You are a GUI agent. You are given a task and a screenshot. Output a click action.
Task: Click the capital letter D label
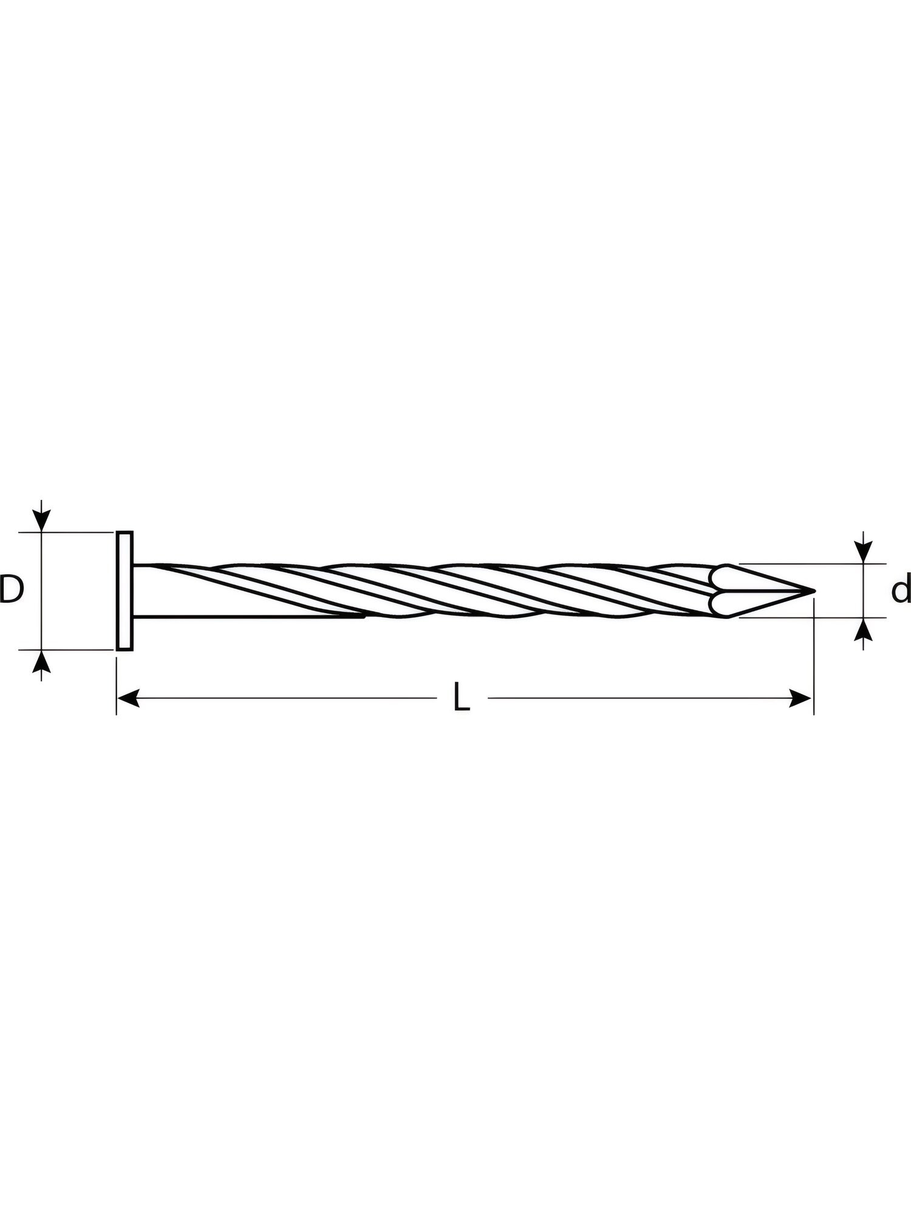(x=10, y=589)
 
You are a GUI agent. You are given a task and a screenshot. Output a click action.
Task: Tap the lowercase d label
(x=901, y=589)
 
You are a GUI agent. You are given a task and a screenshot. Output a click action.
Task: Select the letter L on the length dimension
(x=462, y=697)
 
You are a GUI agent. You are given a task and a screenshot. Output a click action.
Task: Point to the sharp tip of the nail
(x=813, y=590)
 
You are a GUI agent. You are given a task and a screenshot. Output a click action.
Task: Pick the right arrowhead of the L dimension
(x=800, y=698)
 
